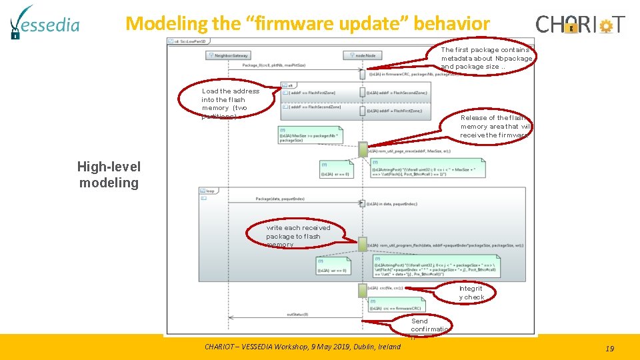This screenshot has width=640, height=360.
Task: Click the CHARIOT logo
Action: [580, 25]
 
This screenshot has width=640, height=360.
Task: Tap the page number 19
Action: [609, 348]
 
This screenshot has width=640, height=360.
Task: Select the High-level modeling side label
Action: [108, 175]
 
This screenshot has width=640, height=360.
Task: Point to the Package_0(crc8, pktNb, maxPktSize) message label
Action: [273, 65]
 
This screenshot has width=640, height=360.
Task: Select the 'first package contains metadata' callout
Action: [486, 58]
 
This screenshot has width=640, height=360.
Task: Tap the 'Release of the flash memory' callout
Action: [494, 126]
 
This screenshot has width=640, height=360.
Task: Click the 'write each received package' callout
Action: [297, 236]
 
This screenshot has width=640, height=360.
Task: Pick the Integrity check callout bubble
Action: [471, 293]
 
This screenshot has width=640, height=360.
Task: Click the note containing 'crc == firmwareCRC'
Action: [396, 305]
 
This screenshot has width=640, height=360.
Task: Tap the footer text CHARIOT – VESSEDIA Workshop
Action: [303, 346]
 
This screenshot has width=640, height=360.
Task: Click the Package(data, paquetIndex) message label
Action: [280, 199]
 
